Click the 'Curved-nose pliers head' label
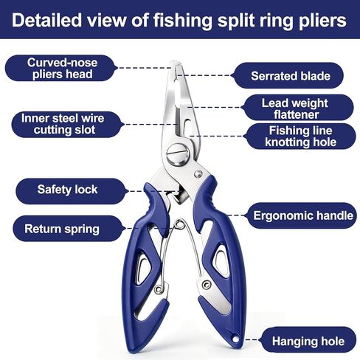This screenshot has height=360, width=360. point(63,69)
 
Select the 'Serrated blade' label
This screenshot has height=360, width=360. point(291,76)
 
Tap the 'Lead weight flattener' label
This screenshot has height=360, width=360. point(295,108)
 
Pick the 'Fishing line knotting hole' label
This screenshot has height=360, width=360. point(300,136)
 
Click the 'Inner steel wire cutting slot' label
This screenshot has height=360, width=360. point(63,124)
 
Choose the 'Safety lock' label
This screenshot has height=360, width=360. point(67,190)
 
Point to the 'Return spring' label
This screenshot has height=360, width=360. point(62,229)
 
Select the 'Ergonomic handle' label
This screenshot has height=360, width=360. point(303,215)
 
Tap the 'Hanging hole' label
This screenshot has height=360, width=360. point(308,342)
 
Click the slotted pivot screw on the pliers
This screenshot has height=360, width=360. point(178,154)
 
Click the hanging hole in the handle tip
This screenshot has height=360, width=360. point(235,339)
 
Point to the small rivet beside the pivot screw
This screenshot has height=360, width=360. point(198,174)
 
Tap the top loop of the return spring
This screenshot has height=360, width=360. point(180,224)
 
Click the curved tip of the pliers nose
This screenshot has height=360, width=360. point(176,63)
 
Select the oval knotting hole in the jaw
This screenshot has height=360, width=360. point(187,127)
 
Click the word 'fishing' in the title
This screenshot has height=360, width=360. point(183,20)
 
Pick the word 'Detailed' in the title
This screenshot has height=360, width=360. point(46,20)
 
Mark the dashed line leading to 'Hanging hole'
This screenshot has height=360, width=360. point(252,340)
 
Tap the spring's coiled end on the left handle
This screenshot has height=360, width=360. point(159,288)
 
